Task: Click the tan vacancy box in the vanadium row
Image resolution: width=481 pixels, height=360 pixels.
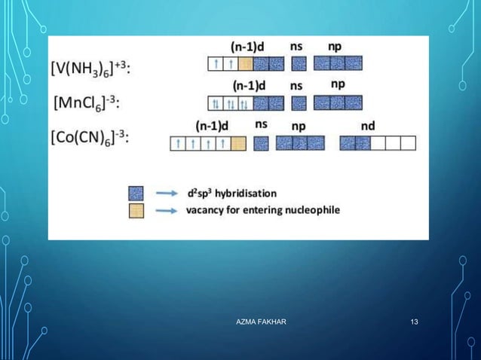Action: [245, 64]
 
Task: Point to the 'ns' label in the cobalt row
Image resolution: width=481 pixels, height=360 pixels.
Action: [262, 124]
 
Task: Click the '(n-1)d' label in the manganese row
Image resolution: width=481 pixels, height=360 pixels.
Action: [249, 85]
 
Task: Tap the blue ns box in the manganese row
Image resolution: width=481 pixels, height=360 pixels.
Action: [299, 103]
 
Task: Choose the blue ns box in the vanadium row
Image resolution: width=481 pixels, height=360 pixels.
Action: [299, 64]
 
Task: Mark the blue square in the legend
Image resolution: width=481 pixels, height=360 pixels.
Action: [136, 192]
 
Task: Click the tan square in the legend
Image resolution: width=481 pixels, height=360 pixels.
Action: [136, 210]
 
